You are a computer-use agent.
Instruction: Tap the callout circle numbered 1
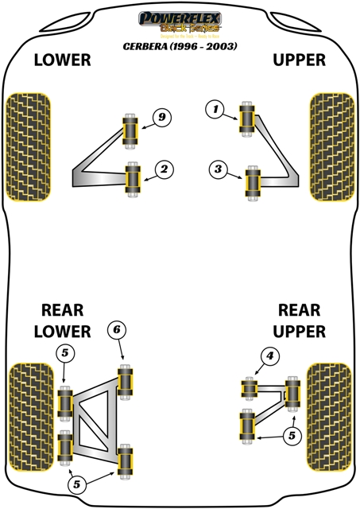214,110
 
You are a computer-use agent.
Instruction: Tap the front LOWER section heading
61,60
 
